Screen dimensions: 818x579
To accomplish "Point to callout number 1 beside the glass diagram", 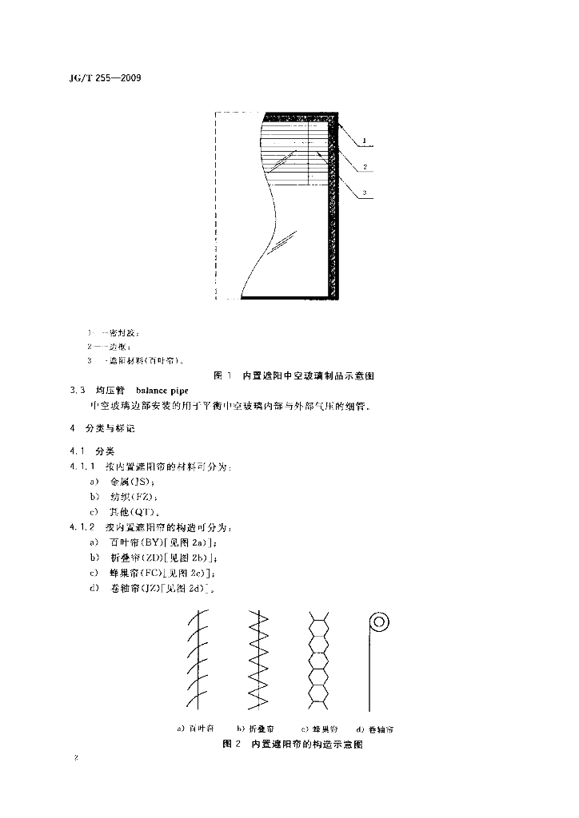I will click(x=364, y=141).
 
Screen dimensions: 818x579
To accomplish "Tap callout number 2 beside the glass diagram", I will click(x=364, y=167).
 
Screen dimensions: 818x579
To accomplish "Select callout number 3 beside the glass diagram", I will click(x=364, y=193).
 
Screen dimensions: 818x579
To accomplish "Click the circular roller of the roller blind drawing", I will click(x=378, y=621).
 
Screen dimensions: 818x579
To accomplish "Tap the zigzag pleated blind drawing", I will click(x=258, y=661).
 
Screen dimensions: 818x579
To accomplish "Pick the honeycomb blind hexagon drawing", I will click(x=319, y=661).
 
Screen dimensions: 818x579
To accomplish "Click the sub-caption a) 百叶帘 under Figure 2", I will click(x=196, y=729).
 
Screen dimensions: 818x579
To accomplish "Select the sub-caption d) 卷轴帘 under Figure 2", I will click(x=374, y=729).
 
